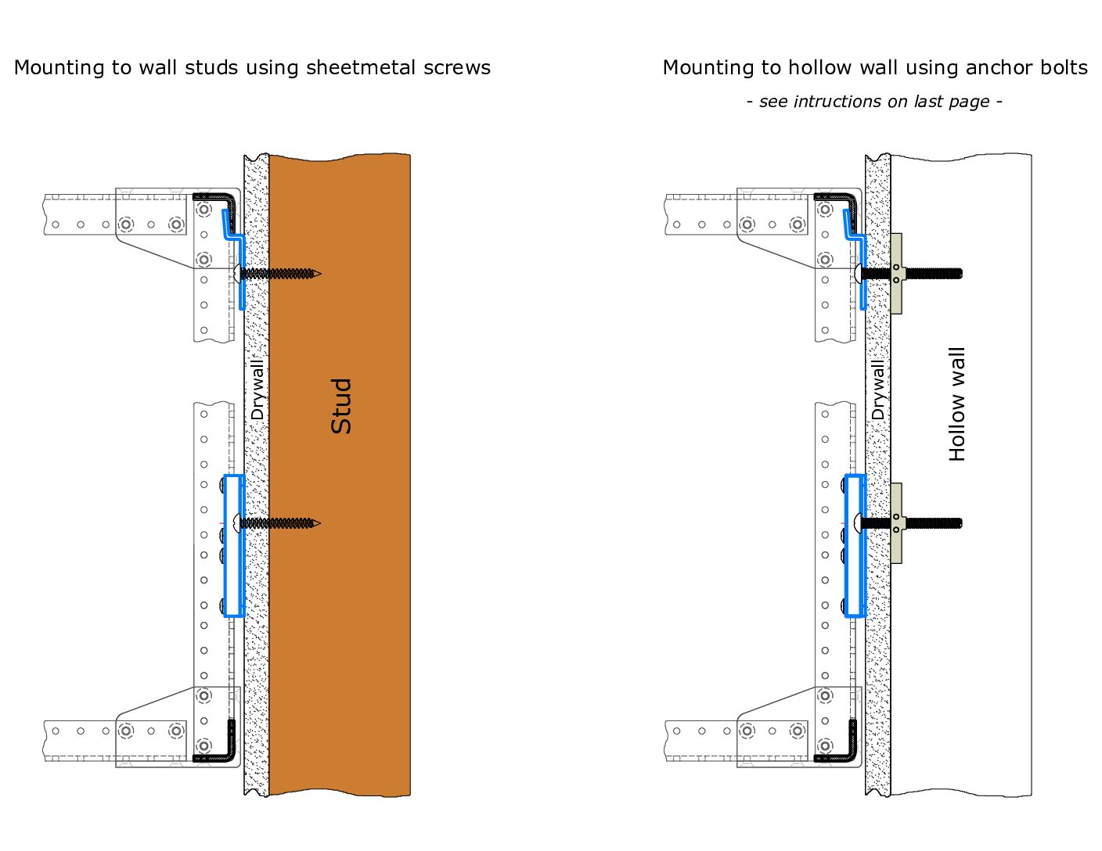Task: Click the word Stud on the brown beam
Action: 341,406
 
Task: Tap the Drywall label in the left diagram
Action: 257,389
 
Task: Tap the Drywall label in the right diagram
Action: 878,389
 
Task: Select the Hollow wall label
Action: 957,404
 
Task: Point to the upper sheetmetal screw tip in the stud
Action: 316,274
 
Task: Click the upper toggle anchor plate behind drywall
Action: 896,274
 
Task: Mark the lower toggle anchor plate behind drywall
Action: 896,522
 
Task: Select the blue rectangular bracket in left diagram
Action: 234,545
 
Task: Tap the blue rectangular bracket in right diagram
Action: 855,545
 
